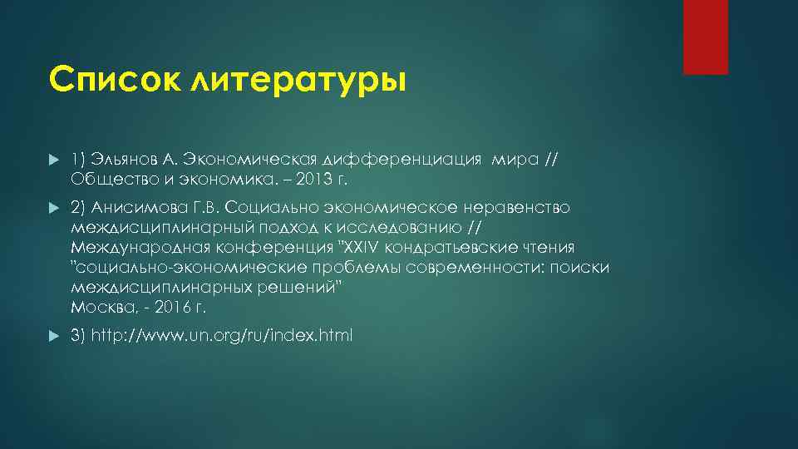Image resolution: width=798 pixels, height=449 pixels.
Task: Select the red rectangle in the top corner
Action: point(705,37)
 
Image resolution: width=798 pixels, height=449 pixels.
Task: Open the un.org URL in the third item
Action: point(222,336)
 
